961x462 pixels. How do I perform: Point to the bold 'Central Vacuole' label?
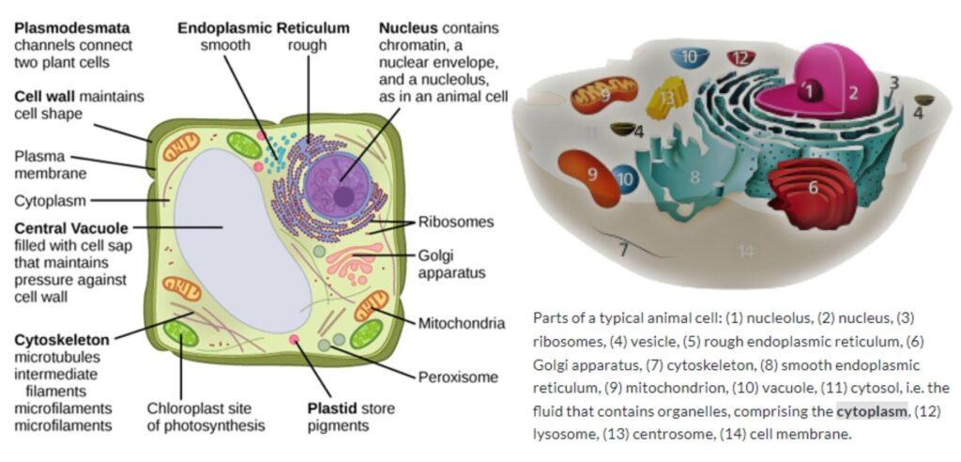coord(70,227)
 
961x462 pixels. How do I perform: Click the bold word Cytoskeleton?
coord(61,339)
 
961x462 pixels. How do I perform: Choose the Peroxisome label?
coord(457,377)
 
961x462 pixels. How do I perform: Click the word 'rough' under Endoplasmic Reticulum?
coord(307,45)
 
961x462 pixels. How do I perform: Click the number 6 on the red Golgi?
coord(813,187)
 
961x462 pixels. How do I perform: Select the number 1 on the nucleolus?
coord(808,91)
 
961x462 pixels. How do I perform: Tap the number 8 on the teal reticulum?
coord(694,176)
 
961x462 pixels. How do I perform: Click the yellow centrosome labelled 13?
coord(667,99)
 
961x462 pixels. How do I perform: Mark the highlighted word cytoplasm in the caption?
coord(872,411)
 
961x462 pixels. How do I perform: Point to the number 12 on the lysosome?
coord(741,58)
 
